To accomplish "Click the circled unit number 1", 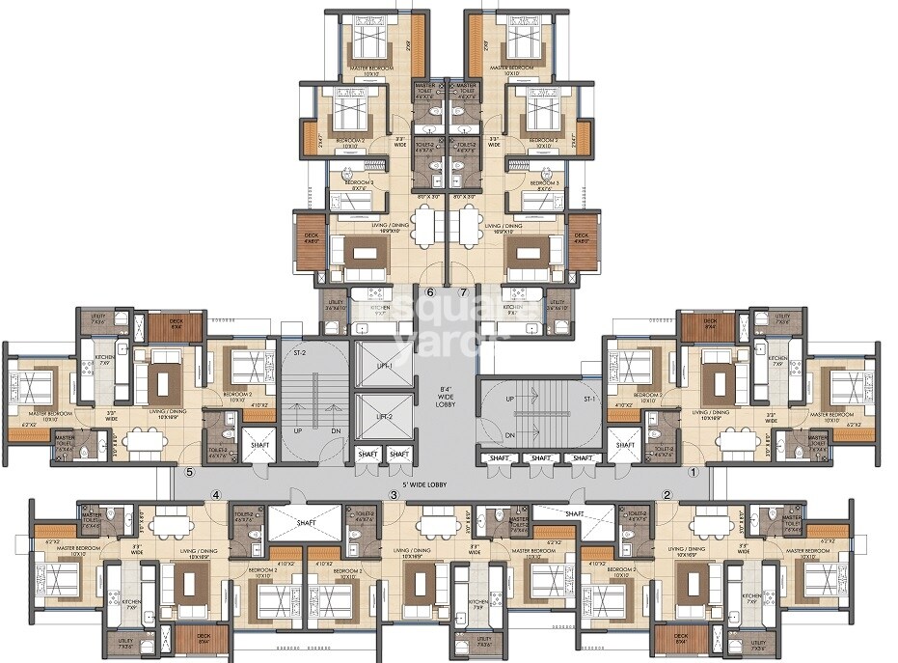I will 692,472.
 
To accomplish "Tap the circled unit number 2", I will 667,495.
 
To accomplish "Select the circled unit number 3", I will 393,495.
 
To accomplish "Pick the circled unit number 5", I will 190,472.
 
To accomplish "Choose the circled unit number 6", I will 431,291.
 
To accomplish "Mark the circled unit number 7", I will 463,291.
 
